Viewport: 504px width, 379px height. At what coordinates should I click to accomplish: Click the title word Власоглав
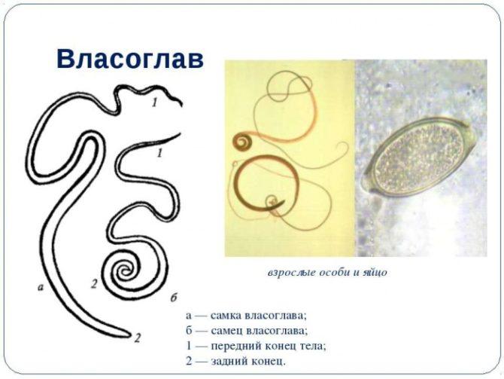click(130, 59)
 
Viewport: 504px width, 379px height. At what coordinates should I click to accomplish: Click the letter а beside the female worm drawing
click(41, 287)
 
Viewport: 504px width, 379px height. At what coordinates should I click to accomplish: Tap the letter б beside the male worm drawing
click(174, 298)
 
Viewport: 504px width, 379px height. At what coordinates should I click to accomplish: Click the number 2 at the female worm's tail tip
click(138, 338)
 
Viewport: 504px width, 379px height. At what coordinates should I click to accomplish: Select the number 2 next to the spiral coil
click(94, 284)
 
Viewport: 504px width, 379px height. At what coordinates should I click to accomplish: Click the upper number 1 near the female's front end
click(155, 102)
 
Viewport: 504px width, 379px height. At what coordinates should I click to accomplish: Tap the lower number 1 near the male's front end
click(159, 153)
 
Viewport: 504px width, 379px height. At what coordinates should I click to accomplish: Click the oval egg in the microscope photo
click(417, 157)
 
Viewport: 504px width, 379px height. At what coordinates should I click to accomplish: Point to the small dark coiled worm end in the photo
click(243, 142)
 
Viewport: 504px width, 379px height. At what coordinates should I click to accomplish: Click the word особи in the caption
click(334, 273)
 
